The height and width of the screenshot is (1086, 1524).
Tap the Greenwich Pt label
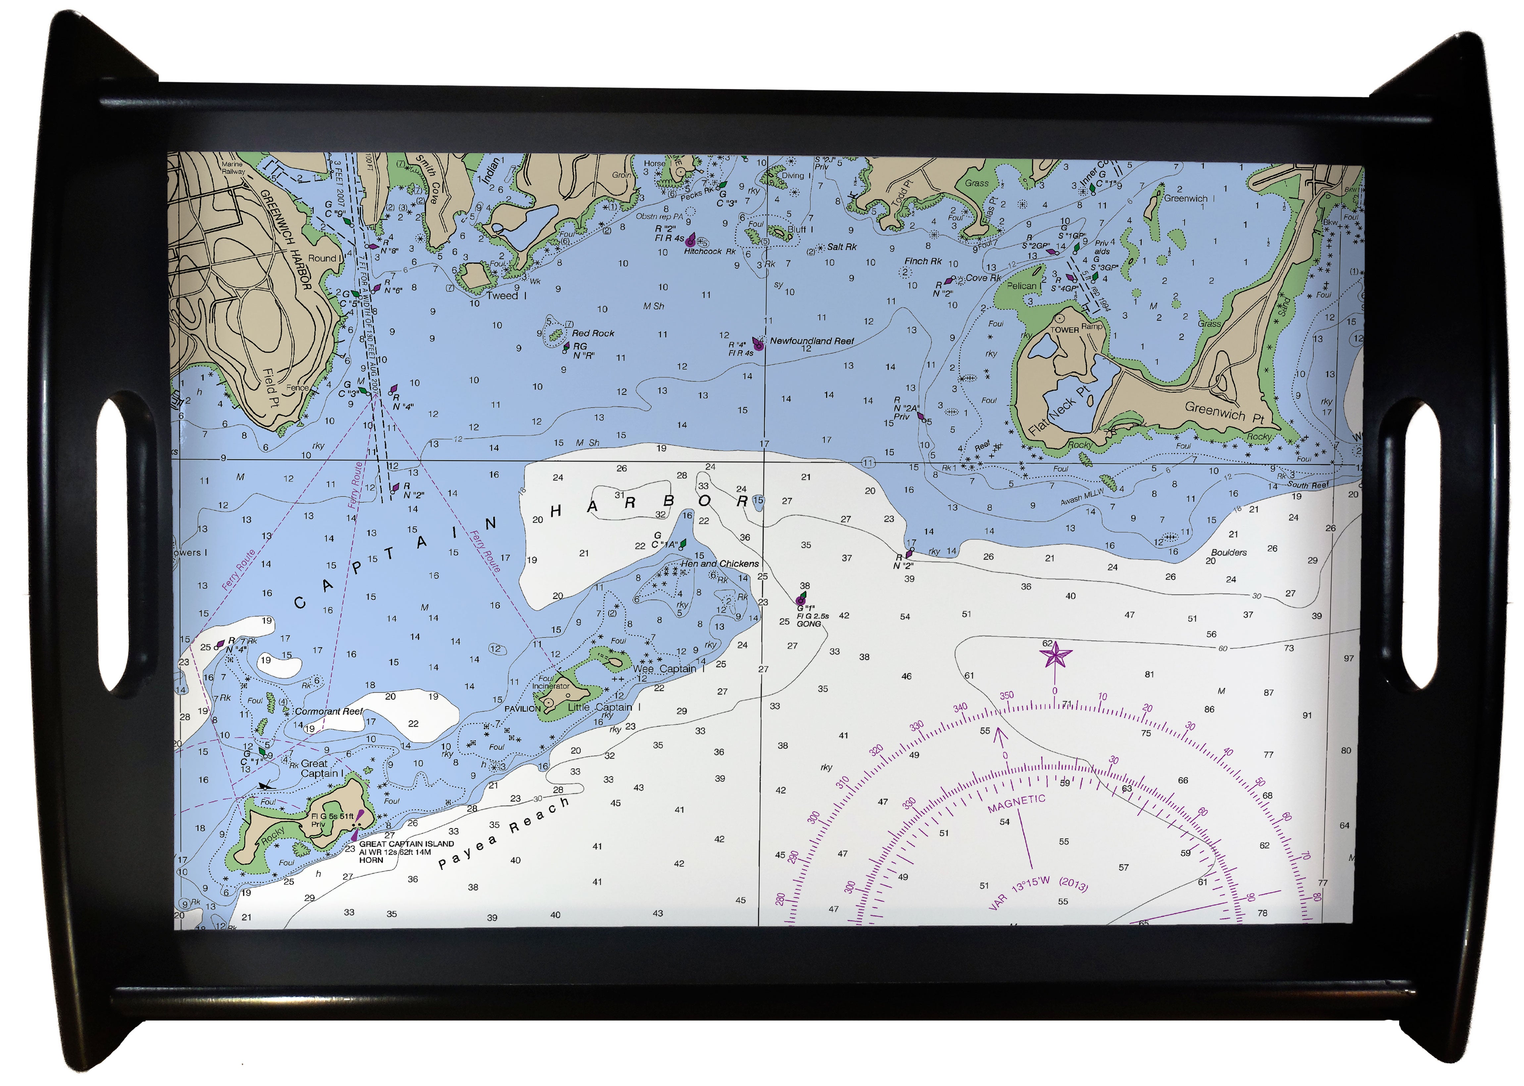(x=1224, y=412)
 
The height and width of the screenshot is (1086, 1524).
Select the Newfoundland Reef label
(x=811, y=341)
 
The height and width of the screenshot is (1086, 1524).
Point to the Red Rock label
(x=593, y=333)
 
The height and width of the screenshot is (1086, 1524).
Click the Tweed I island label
(x=507, y=295)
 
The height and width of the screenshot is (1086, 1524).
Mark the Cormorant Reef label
(x=328, y=711)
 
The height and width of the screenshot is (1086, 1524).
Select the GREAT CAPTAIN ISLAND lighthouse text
(x=406, y=844)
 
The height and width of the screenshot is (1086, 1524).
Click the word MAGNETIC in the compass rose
(x=1016, y=803)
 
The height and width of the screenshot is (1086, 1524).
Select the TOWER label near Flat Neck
(x=1064, y=330)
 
